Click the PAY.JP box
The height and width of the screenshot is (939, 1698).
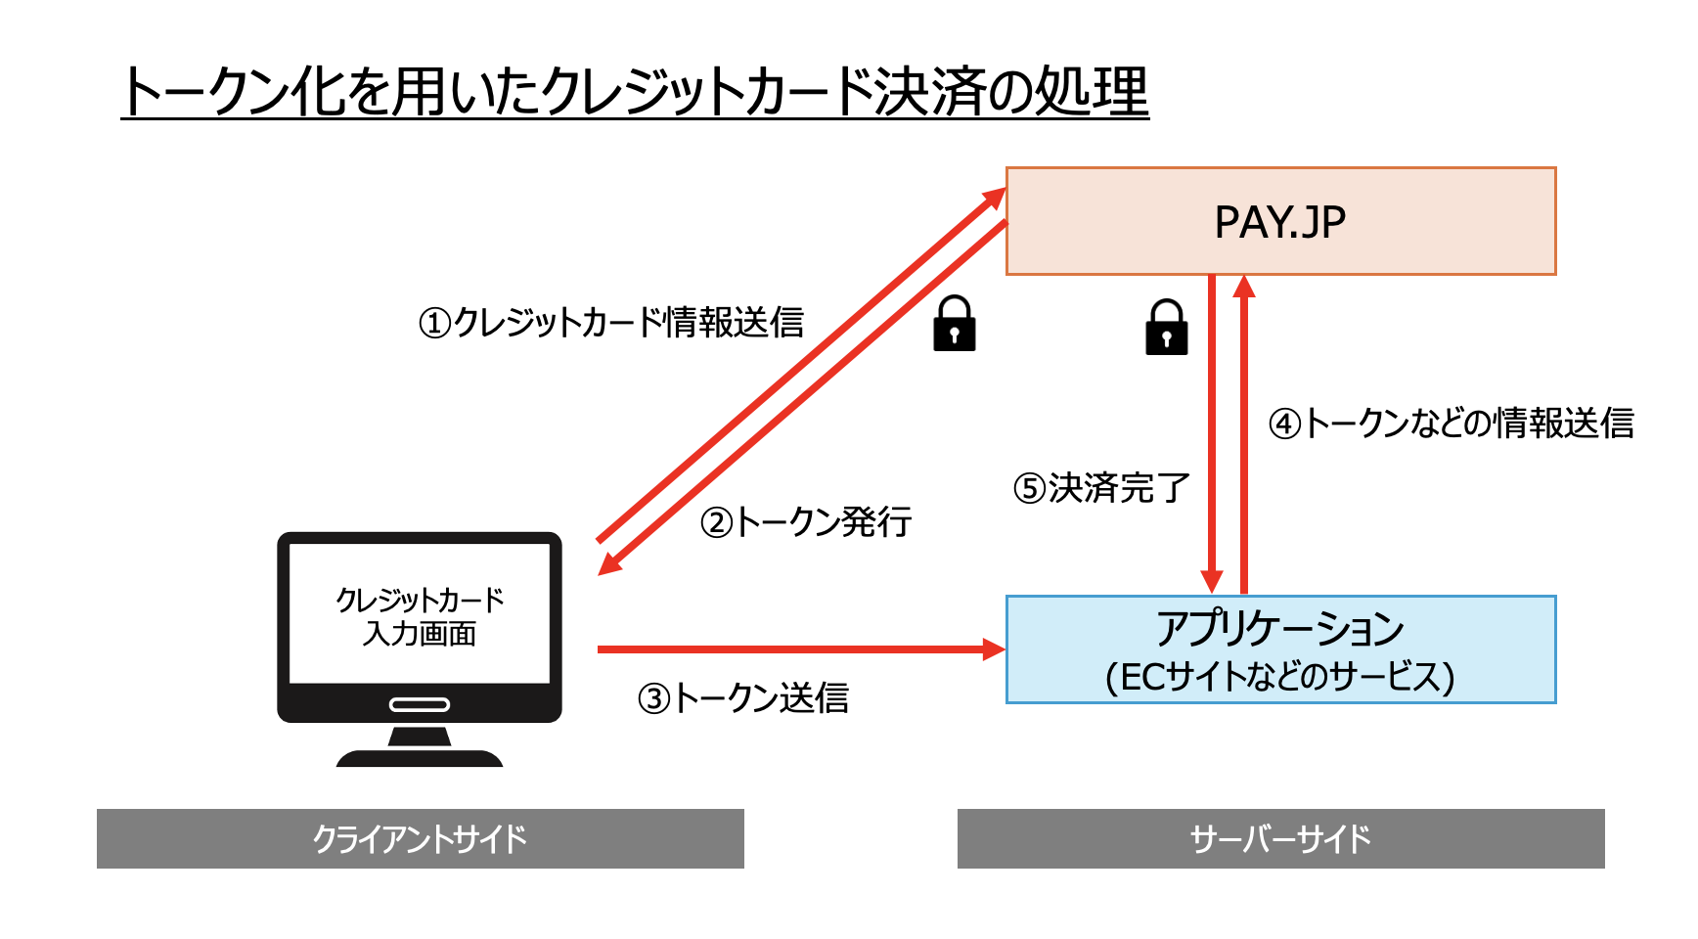point(1280,221)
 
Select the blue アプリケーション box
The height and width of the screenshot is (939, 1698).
point(1280,648)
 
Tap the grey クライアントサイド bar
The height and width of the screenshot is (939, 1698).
point(420,838)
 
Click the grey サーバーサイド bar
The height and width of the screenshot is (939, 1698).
point(1280,838)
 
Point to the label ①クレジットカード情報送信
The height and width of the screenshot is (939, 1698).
point(610,322)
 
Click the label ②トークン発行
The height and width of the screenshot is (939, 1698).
point(806,521)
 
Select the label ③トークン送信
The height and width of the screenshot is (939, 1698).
point(743,697)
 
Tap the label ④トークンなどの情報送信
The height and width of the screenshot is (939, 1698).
point(1452,423)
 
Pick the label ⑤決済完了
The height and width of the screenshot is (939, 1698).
point(1101,487)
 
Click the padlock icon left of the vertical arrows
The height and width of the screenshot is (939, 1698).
point(1166,328)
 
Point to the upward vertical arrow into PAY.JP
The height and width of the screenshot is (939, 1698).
point(1244,440)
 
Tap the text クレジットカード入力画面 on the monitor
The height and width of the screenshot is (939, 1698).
point(420,616)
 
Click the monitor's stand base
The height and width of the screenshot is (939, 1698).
point(420,758)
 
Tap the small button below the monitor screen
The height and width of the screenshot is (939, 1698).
point(420,704)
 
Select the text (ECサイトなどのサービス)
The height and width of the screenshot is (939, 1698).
point(1280,676)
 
